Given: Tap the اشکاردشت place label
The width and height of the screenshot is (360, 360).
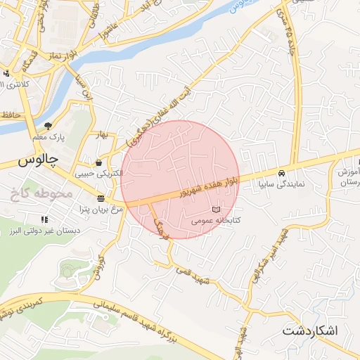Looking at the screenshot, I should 310,330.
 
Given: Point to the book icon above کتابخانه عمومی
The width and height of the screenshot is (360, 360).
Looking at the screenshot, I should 215,210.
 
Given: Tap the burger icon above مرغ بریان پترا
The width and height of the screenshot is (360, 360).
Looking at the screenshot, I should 101,198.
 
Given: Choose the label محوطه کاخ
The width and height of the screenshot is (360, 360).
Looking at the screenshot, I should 42,191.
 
